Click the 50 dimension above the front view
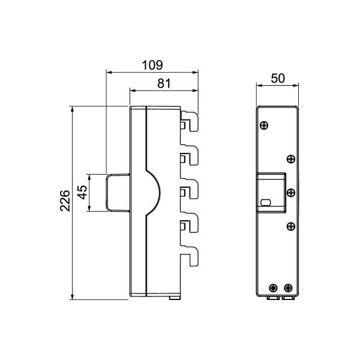(x=277, y=79)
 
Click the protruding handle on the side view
(x=118, y=192)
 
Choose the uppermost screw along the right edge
(x=290, y=158)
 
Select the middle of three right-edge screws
(x=290, y=192)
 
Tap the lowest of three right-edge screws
(x=290, y=226)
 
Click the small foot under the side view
(x=173, y=297)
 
